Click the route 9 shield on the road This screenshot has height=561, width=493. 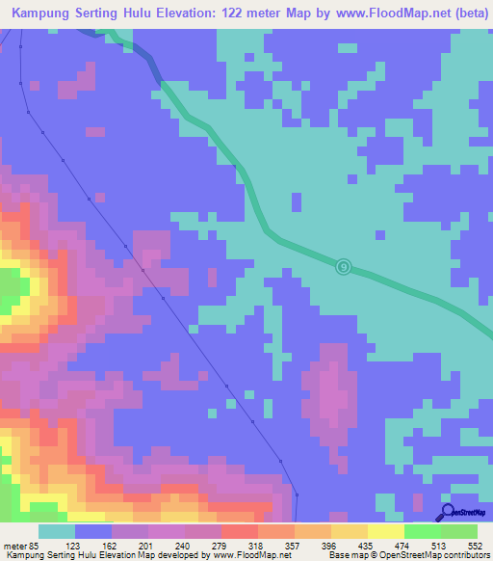tap(344, 266)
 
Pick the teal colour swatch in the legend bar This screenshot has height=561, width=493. tap(57, 531)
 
